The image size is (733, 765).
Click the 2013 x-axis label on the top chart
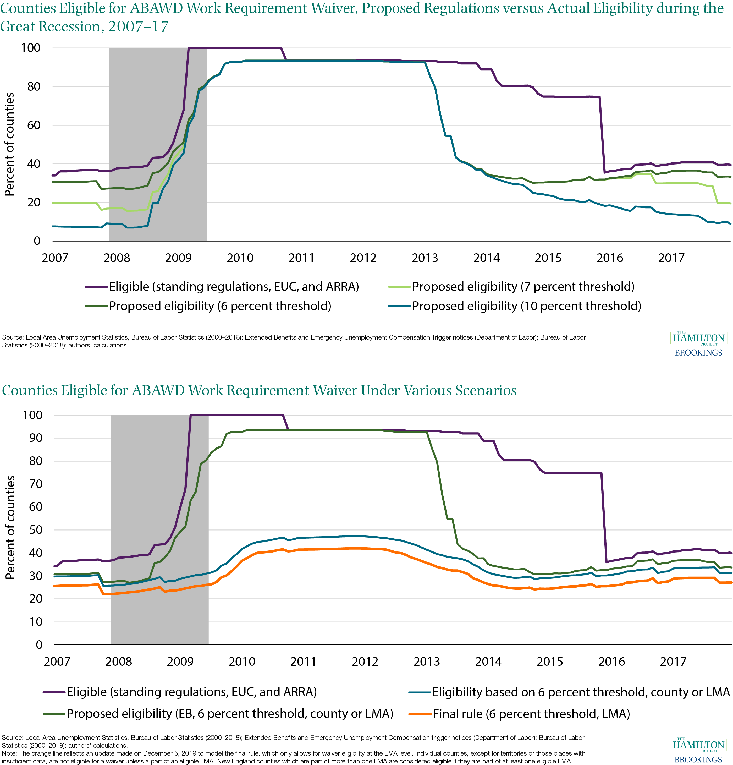click(x=425, y=258)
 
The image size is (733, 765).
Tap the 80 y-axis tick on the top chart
click(x=34, y=87)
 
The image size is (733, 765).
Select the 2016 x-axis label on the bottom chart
click(x=611, y=662)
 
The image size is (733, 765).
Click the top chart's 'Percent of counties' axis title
click(x=9, y=144)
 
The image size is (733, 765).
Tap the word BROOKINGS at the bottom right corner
click(x=698, y=759)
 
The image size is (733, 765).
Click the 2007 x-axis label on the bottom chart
click(x=57, y=662)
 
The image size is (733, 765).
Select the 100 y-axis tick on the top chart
click(x=31, y=48)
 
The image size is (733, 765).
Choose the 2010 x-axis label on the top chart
click(x=240, y=258)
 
